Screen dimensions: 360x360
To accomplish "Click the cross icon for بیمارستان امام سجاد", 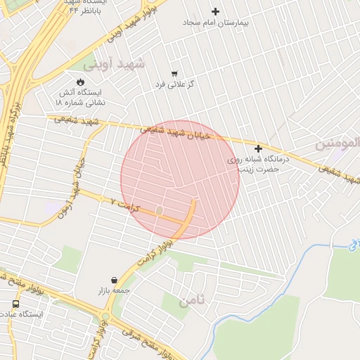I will tap(216, 11).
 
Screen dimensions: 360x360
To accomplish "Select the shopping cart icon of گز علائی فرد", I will tap(174, 74).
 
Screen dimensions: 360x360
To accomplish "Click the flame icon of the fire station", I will tap(81, 82).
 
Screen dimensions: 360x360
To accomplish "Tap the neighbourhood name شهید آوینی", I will tap(114, 64).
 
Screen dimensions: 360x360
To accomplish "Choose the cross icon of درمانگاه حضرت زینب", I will tap(259, 148).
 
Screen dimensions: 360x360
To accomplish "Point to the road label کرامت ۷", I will tap(126, 205).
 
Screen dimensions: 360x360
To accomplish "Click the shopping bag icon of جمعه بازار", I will tap(115, 279).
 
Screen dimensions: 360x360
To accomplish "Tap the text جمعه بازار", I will tap(115, 290).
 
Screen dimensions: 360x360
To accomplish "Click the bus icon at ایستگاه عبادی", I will tap(15, 304).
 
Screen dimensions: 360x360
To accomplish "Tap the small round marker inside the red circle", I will tap(160, 210).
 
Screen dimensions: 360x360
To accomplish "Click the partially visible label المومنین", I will tap(338, 144).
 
